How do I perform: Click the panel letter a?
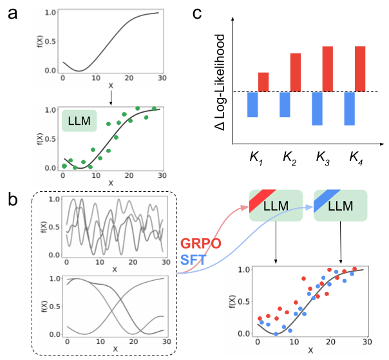point(12,13)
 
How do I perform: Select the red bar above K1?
point(263,82)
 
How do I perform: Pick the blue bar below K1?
point(252,104)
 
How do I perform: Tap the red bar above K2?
point(296,72)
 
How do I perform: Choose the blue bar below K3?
point(317,108)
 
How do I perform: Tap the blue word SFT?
point(193,260)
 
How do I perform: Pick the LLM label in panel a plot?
point(79,120)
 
